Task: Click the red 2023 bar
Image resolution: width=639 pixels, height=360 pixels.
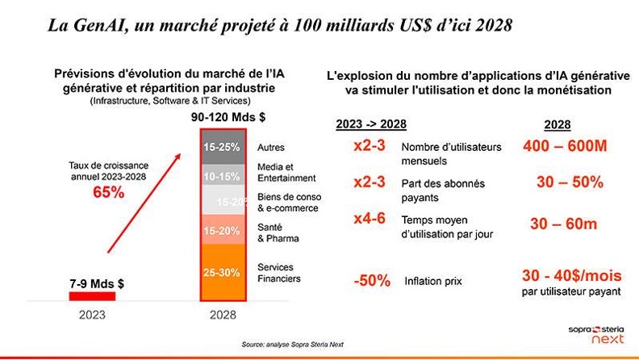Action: (x=91, y=296)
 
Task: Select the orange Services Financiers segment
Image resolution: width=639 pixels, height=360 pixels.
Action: (x=222, y=273)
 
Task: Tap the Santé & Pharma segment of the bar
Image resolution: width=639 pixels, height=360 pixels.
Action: (x=222, y=232)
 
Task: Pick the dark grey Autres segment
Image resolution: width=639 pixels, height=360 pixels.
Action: (x=222, y=148)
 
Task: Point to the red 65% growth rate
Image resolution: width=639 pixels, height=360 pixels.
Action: (x=107, y=192)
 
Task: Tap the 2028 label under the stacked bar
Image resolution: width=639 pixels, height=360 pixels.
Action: (x=222, y=316)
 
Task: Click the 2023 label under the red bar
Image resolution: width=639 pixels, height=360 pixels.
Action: (x=91, y=316)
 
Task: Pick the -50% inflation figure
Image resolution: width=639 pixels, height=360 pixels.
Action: (x=372, y=281)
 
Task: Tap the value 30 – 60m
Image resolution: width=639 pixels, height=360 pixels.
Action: (x=563, y=224)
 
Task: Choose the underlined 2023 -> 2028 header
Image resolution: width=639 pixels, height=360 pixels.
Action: (x=370, y=124)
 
